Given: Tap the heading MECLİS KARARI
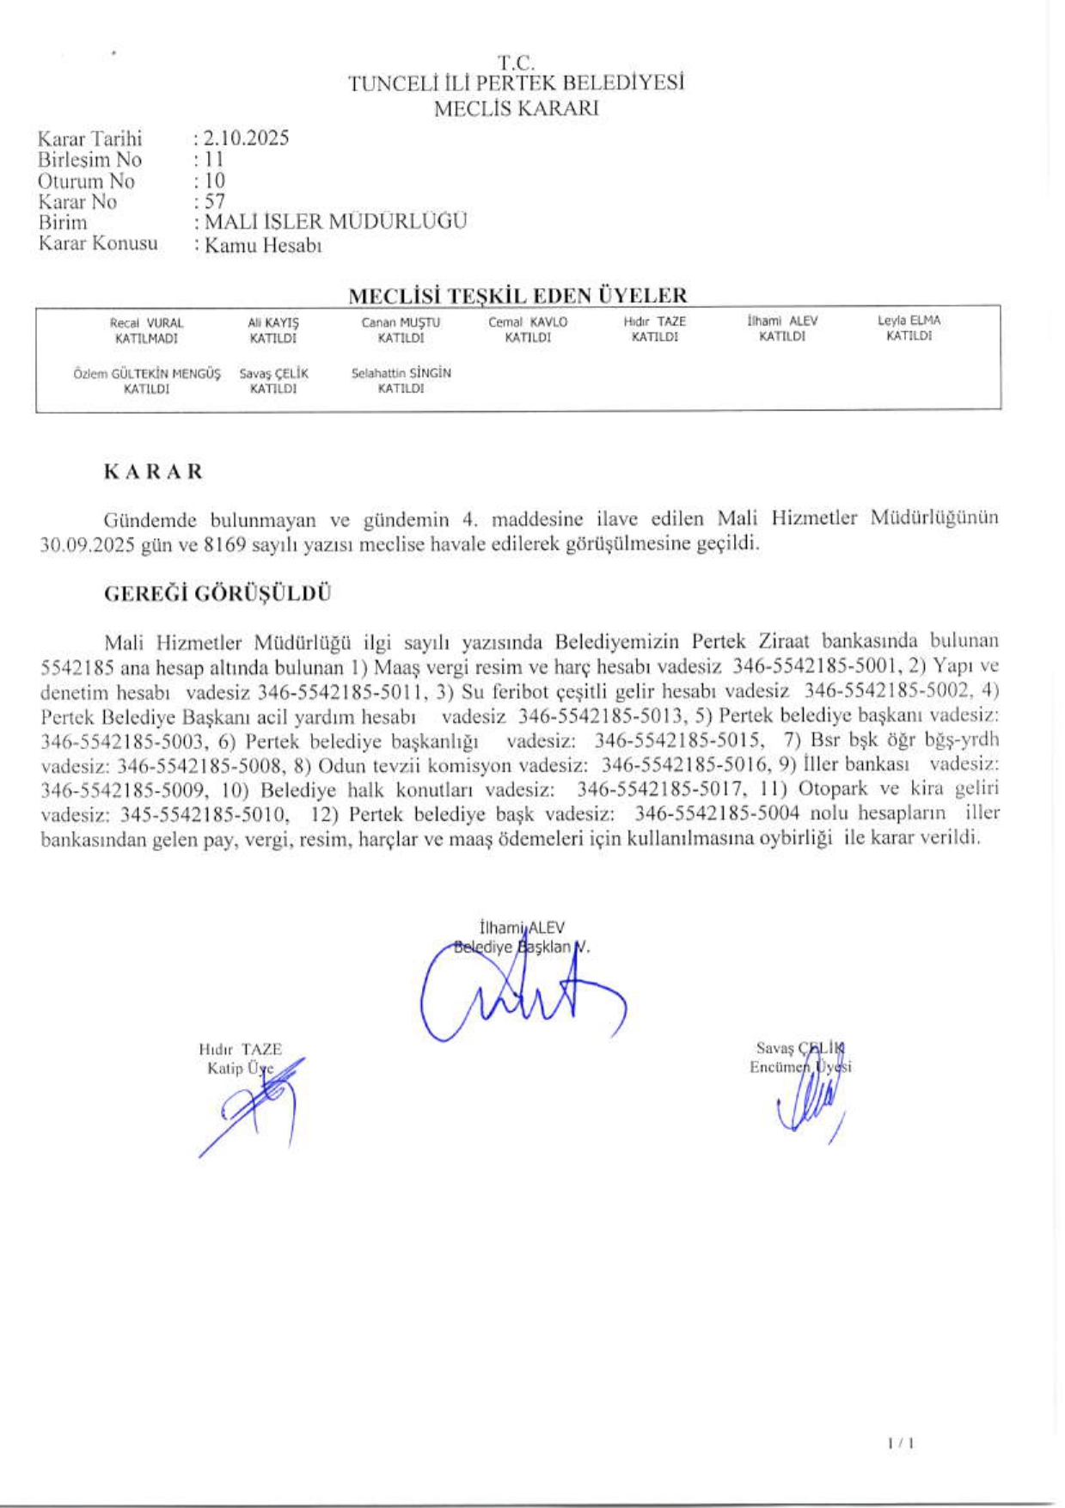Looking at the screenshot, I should tap(516, 109).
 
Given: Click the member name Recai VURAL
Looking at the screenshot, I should tap(146, 323).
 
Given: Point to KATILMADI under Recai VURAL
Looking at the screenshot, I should tap(146, 339).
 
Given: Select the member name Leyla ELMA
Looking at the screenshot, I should tap(909, 321).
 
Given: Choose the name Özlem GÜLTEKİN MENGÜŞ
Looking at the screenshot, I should tap(146, 374).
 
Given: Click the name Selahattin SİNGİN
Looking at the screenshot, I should tap(401, 373).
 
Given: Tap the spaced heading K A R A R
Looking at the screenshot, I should tap(153, 472).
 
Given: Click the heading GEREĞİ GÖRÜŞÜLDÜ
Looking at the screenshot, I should tap(217, 594).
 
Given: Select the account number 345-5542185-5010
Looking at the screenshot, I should tap(204, 813).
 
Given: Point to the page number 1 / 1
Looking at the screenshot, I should tap(900, 1443).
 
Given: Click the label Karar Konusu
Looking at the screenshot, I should tap(98, 244).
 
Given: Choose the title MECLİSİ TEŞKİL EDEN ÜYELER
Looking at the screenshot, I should tap(517, 296).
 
